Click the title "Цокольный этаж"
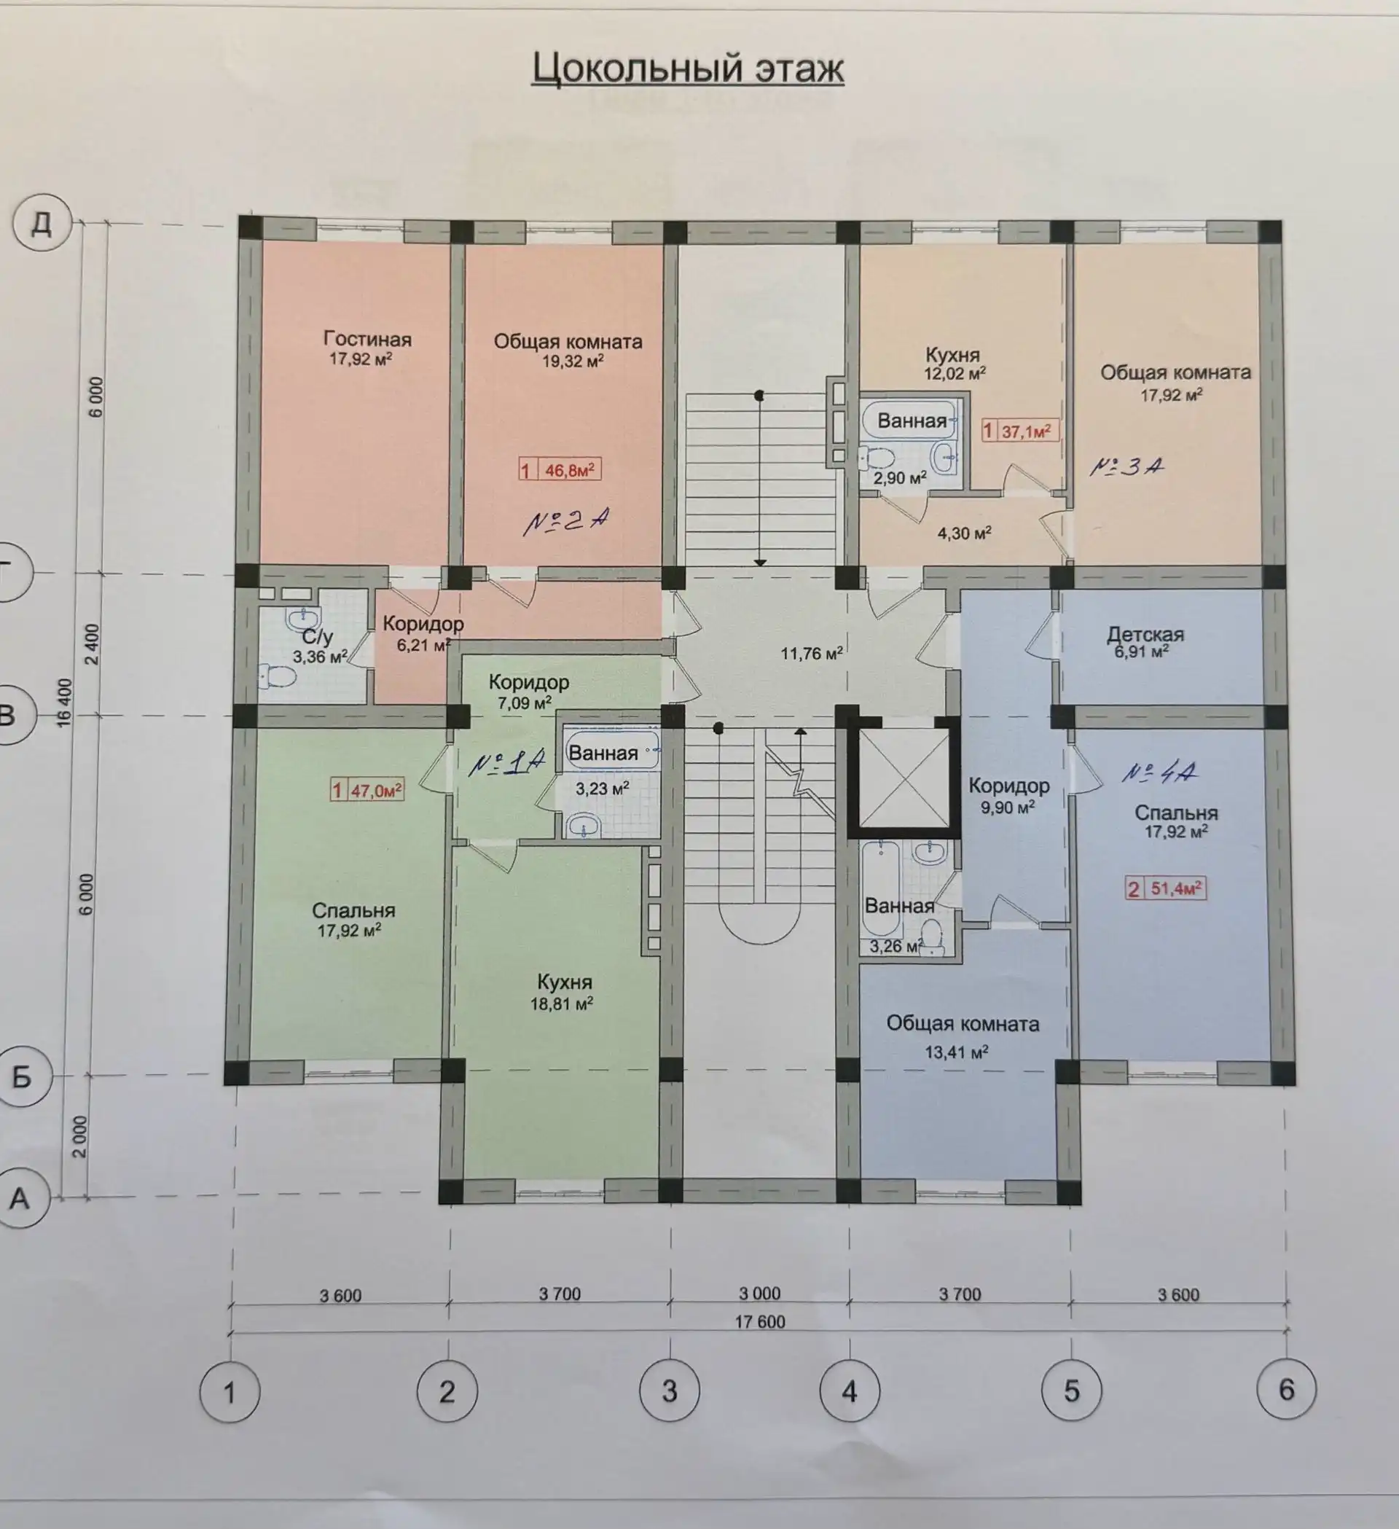click(x=688, y=69)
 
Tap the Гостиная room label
click(x=367, y=340)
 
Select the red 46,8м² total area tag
click(x=560, y=470)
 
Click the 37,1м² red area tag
click(x=1020, y=431)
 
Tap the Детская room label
click(x=1145, y=634)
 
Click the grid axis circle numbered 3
click(x=670, y=1392)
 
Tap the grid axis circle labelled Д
click(x=42, y=224)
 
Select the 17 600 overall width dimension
click(x=760, y=1322)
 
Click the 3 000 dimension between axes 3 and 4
click(x=760, y=1294)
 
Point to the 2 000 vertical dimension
click(x=79, y=1136)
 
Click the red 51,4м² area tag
click(x=1165, y=888)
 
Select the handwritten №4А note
click(x=1159, y=773)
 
